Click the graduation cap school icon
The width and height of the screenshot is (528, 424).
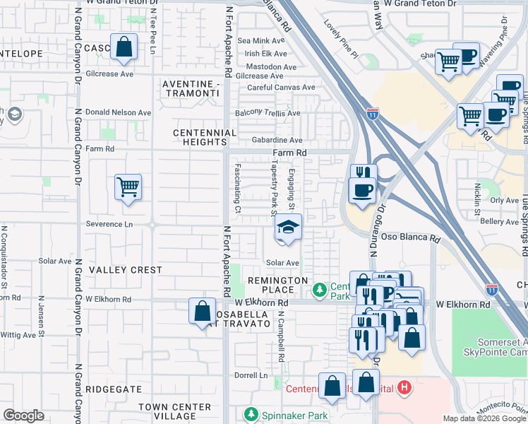(x=288, y=228)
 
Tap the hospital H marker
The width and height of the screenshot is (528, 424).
(x=404, y=388)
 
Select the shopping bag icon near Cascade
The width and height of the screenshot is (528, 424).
(x=124, y=47)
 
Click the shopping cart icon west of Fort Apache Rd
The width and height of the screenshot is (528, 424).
(x=128, y=188)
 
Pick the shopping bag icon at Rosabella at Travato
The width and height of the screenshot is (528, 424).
(x=202, y=312)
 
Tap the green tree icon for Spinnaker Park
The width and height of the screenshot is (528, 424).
(x=248, y=413)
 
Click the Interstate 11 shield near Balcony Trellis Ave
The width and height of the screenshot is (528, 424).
(x=372, y=112)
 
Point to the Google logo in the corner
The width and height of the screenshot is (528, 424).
(x=23, y=416)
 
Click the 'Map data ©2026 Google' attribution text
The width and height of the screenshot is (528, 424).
(x=484, y=418)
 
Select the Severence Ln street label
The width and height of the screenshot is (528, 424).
(x=109, y=224)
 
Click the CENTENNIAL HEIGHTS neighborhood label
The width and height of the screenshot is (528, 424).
(x=205, y=137)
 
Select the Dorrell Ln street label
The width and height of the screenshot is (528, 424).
(x=251, y=375)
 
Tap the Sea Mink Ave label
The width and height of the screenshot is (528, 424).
(x=262, y=41)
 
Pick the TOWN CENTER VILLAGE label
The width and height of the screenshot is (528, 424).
(x=174, y=411)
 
